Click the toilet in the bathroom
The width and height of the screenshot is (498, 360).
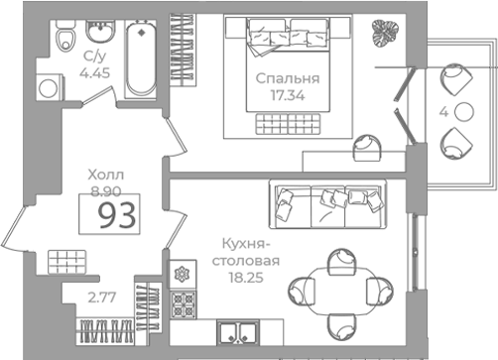click(x=64, y=36)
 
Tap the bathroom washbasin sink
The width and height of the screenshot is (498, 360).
click(x=100, y=31)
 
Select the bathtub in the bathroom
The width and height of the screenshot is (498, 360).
click(x=141, y=59)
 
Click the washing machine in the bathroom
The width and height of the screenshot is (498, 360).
click(x=50, y=87)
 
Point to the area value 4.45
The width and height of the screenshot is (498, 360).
click(x=95, y=72)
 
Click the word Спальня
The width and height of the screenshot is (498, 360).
click(x=288, y=78)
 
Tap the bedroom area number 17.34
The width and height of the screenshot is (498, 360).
click(x=288, y=95)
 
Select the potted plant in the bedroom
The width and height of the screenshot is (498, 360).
click(x=386, y=33)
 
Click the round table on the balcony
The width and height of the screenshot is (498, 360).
click(x=463, y=112)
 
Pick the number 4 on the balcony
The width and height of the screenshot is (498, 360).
click(x=443, y=112)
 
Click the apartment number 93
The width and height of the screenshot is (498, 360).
click(x=118, y=215)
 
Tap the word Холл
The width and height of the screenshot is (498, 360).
click(x=106, y=175)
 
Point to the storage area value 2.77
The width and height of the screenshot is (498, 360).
click(x=102, y=298)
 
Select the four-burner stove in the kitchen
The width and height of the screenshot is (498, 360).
click(x=183, y=304)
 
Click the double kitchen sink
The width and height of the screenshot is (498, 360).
click(x=238, y=332)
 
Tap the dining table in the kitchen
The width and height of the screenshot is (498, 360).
click(x=340, y=292)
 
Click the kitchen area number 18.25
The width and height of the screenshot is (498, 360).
click(x=246, y=278)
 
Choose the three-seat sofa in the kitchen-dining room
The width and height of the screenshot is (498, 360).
click(x=328, y=204)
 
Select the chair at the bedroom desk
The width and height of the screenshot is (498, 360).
click(x=367, y=148)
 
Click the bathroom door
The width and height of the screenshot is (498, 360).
click(x=98, y=96)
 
